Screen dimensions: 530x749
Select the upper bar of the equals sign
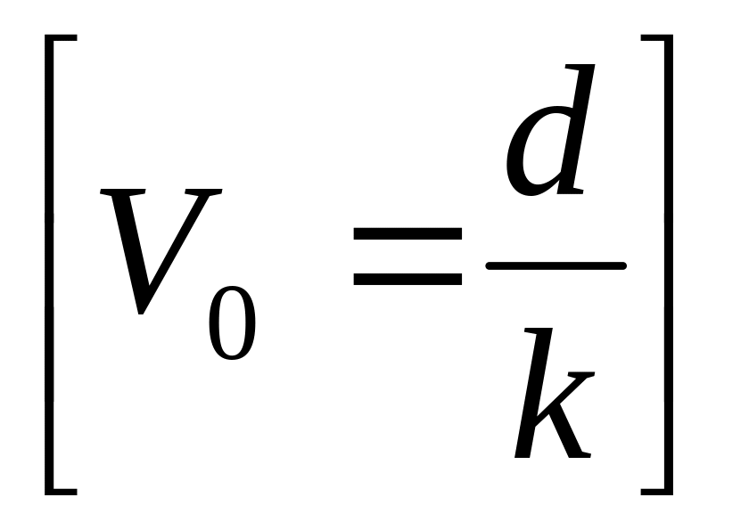tap(407, 234)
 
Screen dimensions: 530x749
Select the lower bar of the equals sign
tap(407, 278)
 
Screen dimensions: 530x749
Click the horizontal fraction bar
tap(555, 265)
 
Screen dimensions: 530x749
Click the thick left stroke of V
tap(125, 241)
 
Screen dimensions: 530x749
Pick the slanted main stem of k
tap(533, 392)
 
